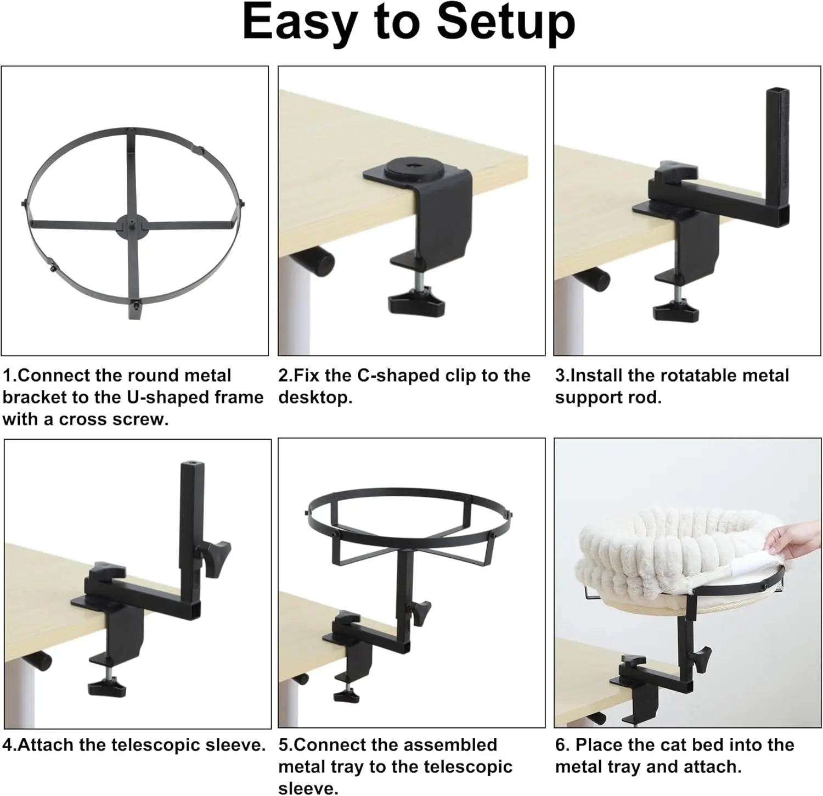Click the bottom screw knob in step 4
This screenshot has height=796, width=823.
106,687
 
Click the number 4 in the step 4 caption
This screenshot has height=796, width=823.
7,745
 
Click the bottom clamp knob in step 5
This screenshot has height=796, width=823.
346,695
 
